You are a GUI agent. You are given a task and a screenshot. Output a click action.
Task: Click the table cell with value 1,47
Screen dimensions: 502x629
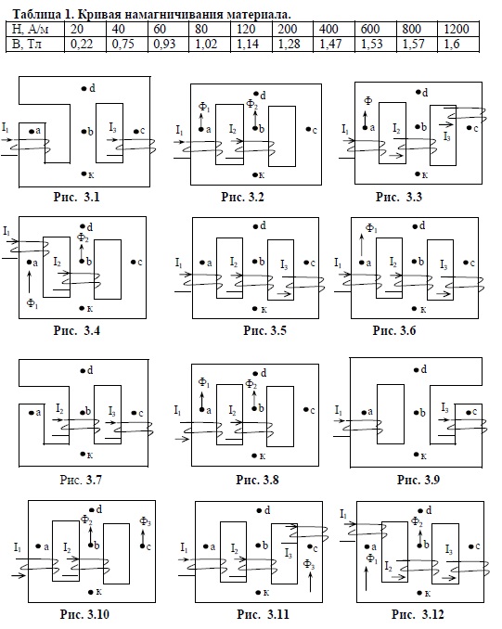330,44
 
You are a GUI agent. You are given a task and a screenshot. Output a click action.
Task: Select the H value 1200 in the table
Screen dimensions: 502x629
457,29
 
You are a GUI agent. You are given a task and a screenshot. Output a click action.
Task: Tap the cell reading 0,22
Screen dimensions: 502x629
81,44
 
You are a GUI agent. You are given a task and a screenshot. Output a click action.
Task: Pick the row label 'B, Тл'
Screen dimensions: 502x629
27,44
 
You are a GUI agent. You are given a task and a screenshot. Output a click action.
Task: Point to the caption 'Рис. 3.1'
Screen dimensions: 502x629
76,197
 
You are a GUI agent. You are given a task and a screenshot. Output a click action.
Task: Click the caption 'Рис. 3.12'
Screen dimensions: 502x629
418,614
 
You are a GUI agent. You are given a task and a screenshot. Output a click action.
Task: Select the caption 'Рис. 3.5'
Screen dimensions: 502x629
264,330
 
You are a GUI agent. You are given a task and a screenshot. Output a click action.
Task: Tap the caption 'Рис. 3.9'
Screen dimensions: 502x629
418,480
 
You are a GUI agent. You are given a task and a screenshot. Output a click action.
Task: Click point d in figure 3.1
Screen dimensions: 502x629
84,89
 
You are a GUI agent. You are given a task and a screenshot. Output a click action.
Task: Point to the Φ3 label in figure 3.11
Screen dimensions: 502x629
309,564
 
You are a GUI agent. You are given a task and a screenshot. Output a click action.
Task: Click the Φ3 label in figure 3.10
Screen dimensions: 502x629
146,522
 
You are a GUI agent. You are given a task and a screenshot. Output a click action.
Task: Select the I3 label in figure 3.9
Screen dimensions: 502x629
445,408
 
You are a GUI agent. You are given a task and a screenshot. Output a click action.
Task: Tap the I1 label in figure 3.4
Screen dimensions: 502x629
6,231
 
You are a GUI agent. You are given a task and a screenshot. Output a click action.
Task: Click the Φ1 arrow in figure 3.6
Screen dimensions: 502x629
362,245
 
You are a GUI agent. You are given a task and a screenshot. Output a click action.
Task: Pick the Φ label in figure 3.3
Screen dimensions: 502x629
368,101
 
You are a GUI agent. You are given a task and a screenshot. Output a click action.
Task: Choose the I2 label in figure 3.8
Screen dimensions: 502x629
232,410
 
